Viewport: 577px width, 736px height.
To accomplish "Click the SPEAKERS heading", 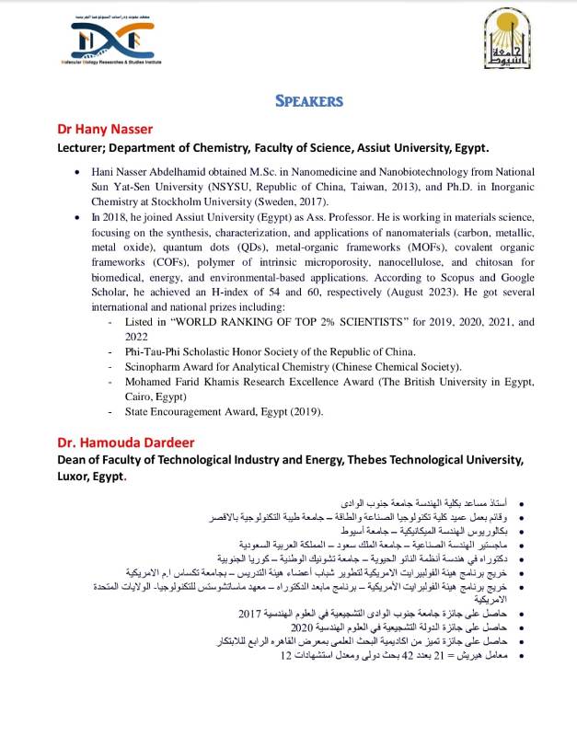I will click(307, 100).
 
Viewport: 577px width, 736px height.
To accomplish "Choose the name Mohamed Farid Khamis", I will click(185, 381).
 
